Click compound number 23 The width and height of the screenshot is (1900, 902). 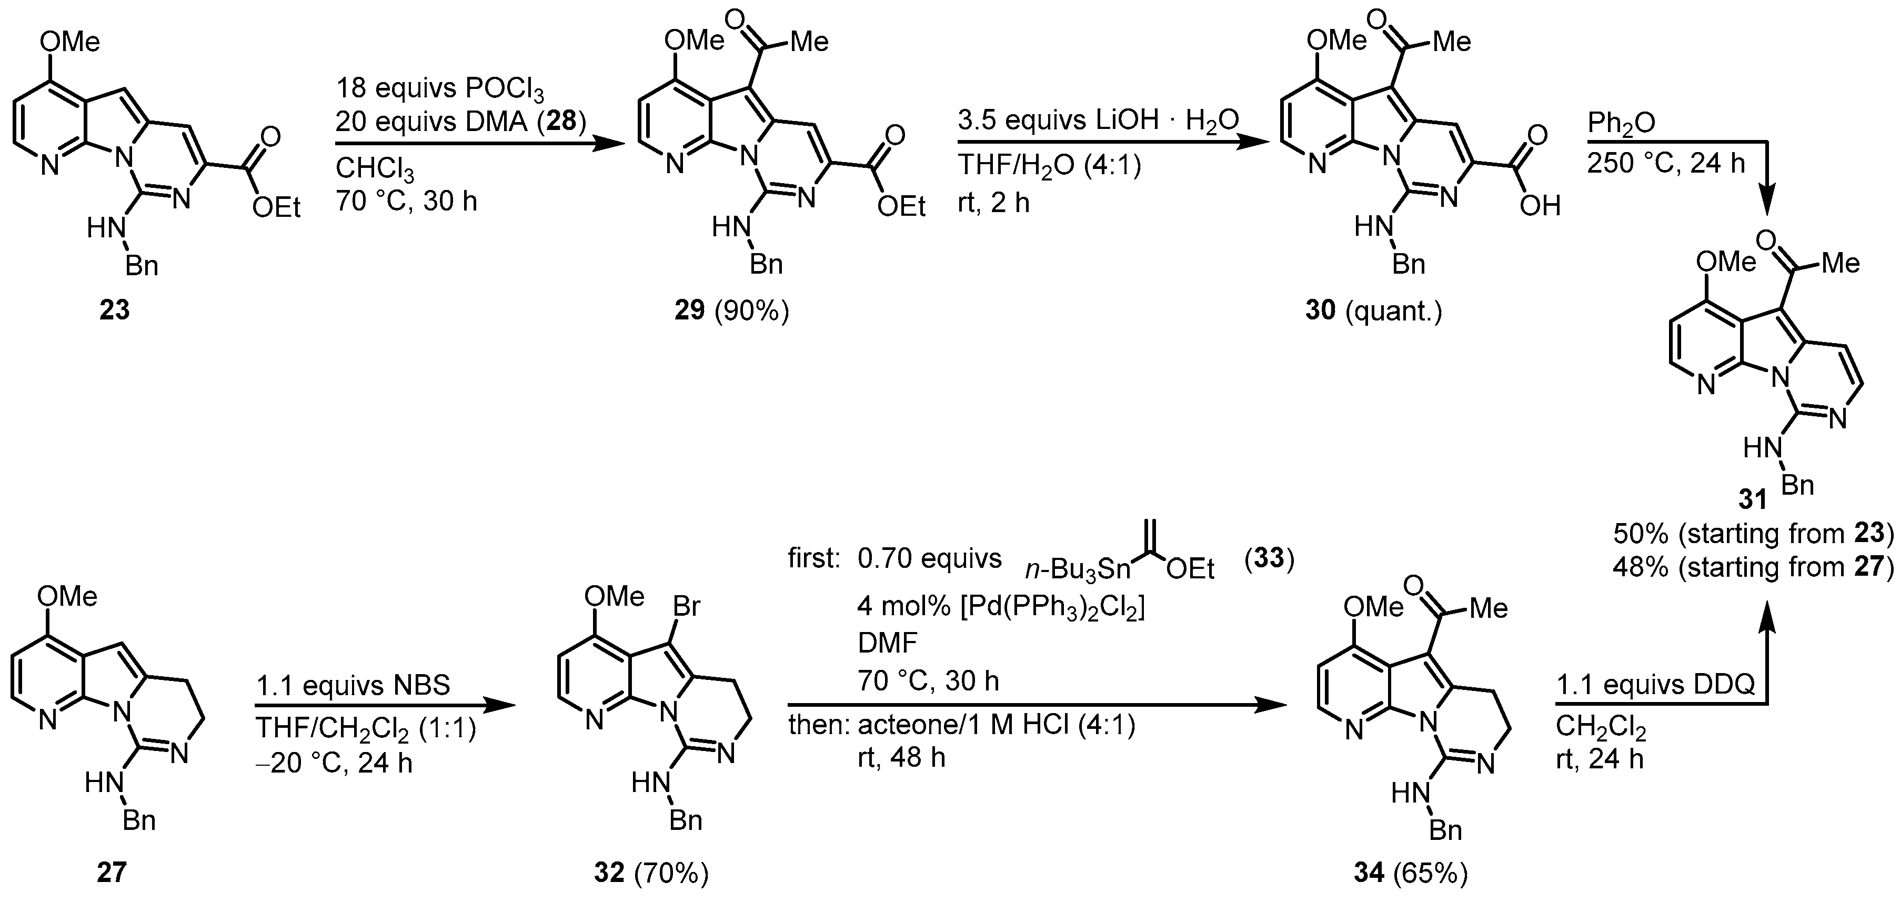tap(114, 310)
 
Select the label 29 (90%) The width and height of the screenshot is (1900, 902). tap(731, 311)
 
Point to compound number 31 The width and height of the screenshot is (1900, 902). tap(1753, 500)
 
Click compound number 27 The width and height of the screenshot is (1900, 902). tap(112, 873)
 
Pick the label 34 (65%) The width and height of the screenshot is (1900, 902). tap(1410, 874)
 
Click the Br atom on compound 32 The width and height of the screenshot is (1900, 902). tap(686, 606)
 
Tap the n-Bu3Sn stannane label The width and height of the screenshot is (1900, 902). tap(1078, 570)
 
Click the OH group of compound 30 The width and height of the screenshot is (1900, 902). tap(1540, 206)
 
